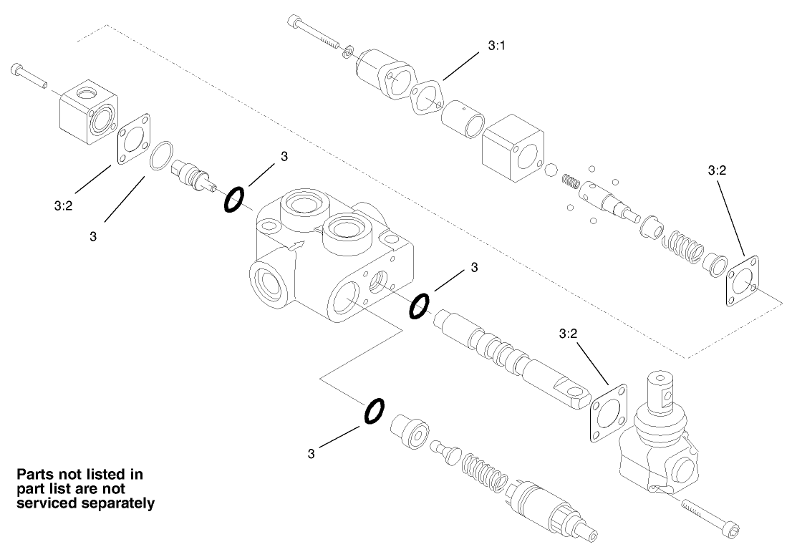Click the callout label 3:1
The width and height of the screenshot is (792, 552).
[x=496, y=45]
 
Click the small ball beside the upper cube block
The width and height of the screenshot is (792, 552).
[x=550, y=170]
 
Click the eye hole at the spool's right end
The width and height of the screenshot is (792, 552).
[x=574, y=391]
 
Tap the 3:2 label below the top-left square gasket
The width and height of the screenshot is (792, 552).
[x=64, y=205]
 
